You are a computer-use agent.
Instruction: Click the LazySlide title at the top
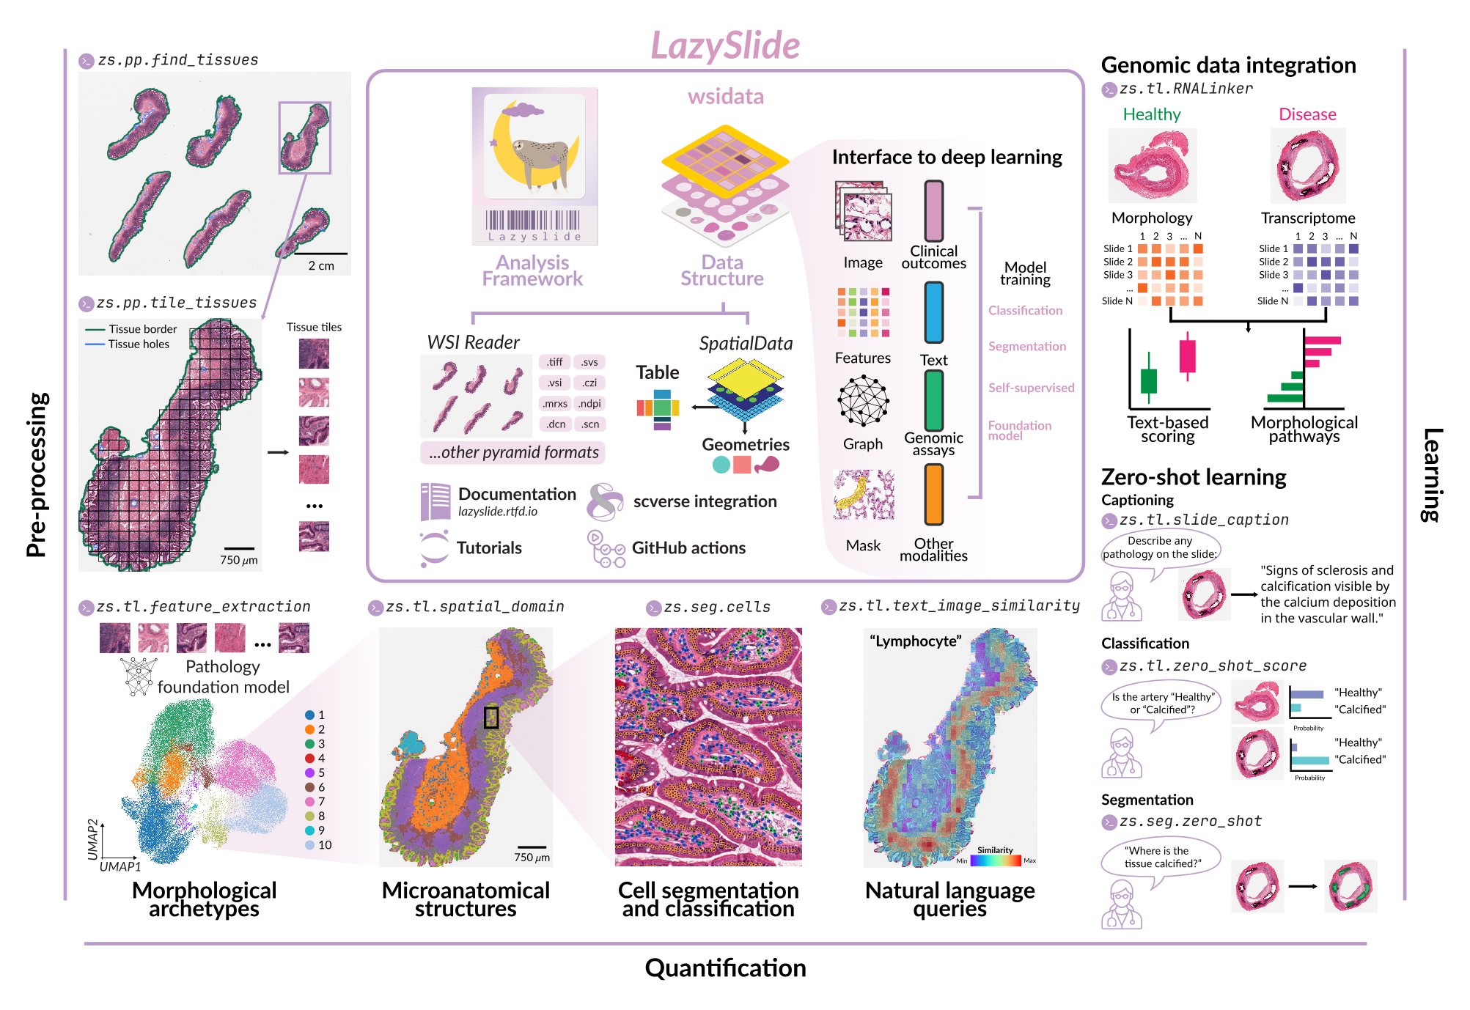(x=725, y=45)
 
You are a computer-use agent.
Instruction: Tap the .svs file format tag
(x=589, y=362)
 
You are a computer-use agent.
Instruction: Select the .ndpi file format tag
(x=589, y=403)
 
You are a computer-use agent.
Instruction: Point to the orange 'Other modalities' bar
(x=933, y=495)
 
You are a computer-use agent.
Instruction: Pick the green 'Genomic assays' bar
(x=933, y=400)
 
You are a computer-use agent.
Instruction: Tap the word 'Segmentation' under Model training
(x=1026, y=346)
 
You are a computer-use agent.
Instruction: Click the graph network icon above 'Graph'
(x=863, y=400)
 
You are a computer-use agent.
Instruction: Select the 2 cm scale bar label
(x=321, y=266)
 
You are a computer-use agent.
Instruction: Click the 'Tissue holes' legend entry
(x=139, y=344)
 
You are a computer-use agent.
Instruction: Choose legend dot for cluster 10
(x=310, y=845)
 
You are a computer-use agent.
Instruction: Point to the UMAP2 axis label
(x=92, y=838)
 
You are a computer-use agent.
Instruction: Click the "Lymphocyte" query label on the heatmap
(x=915, y=641)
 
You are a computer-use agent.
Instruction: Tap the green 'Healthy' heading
(x=1151, y=114)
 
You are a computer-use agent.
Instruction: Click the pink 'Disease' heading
(x=1307, y=114)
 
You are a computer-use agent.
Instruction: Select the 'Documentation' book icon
(x=436, y=501)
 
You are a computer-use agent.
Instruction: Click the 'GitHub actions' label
(x=688, y=548)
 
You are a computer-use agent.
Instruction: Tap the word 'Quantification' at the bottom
(x=725, y=968)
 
